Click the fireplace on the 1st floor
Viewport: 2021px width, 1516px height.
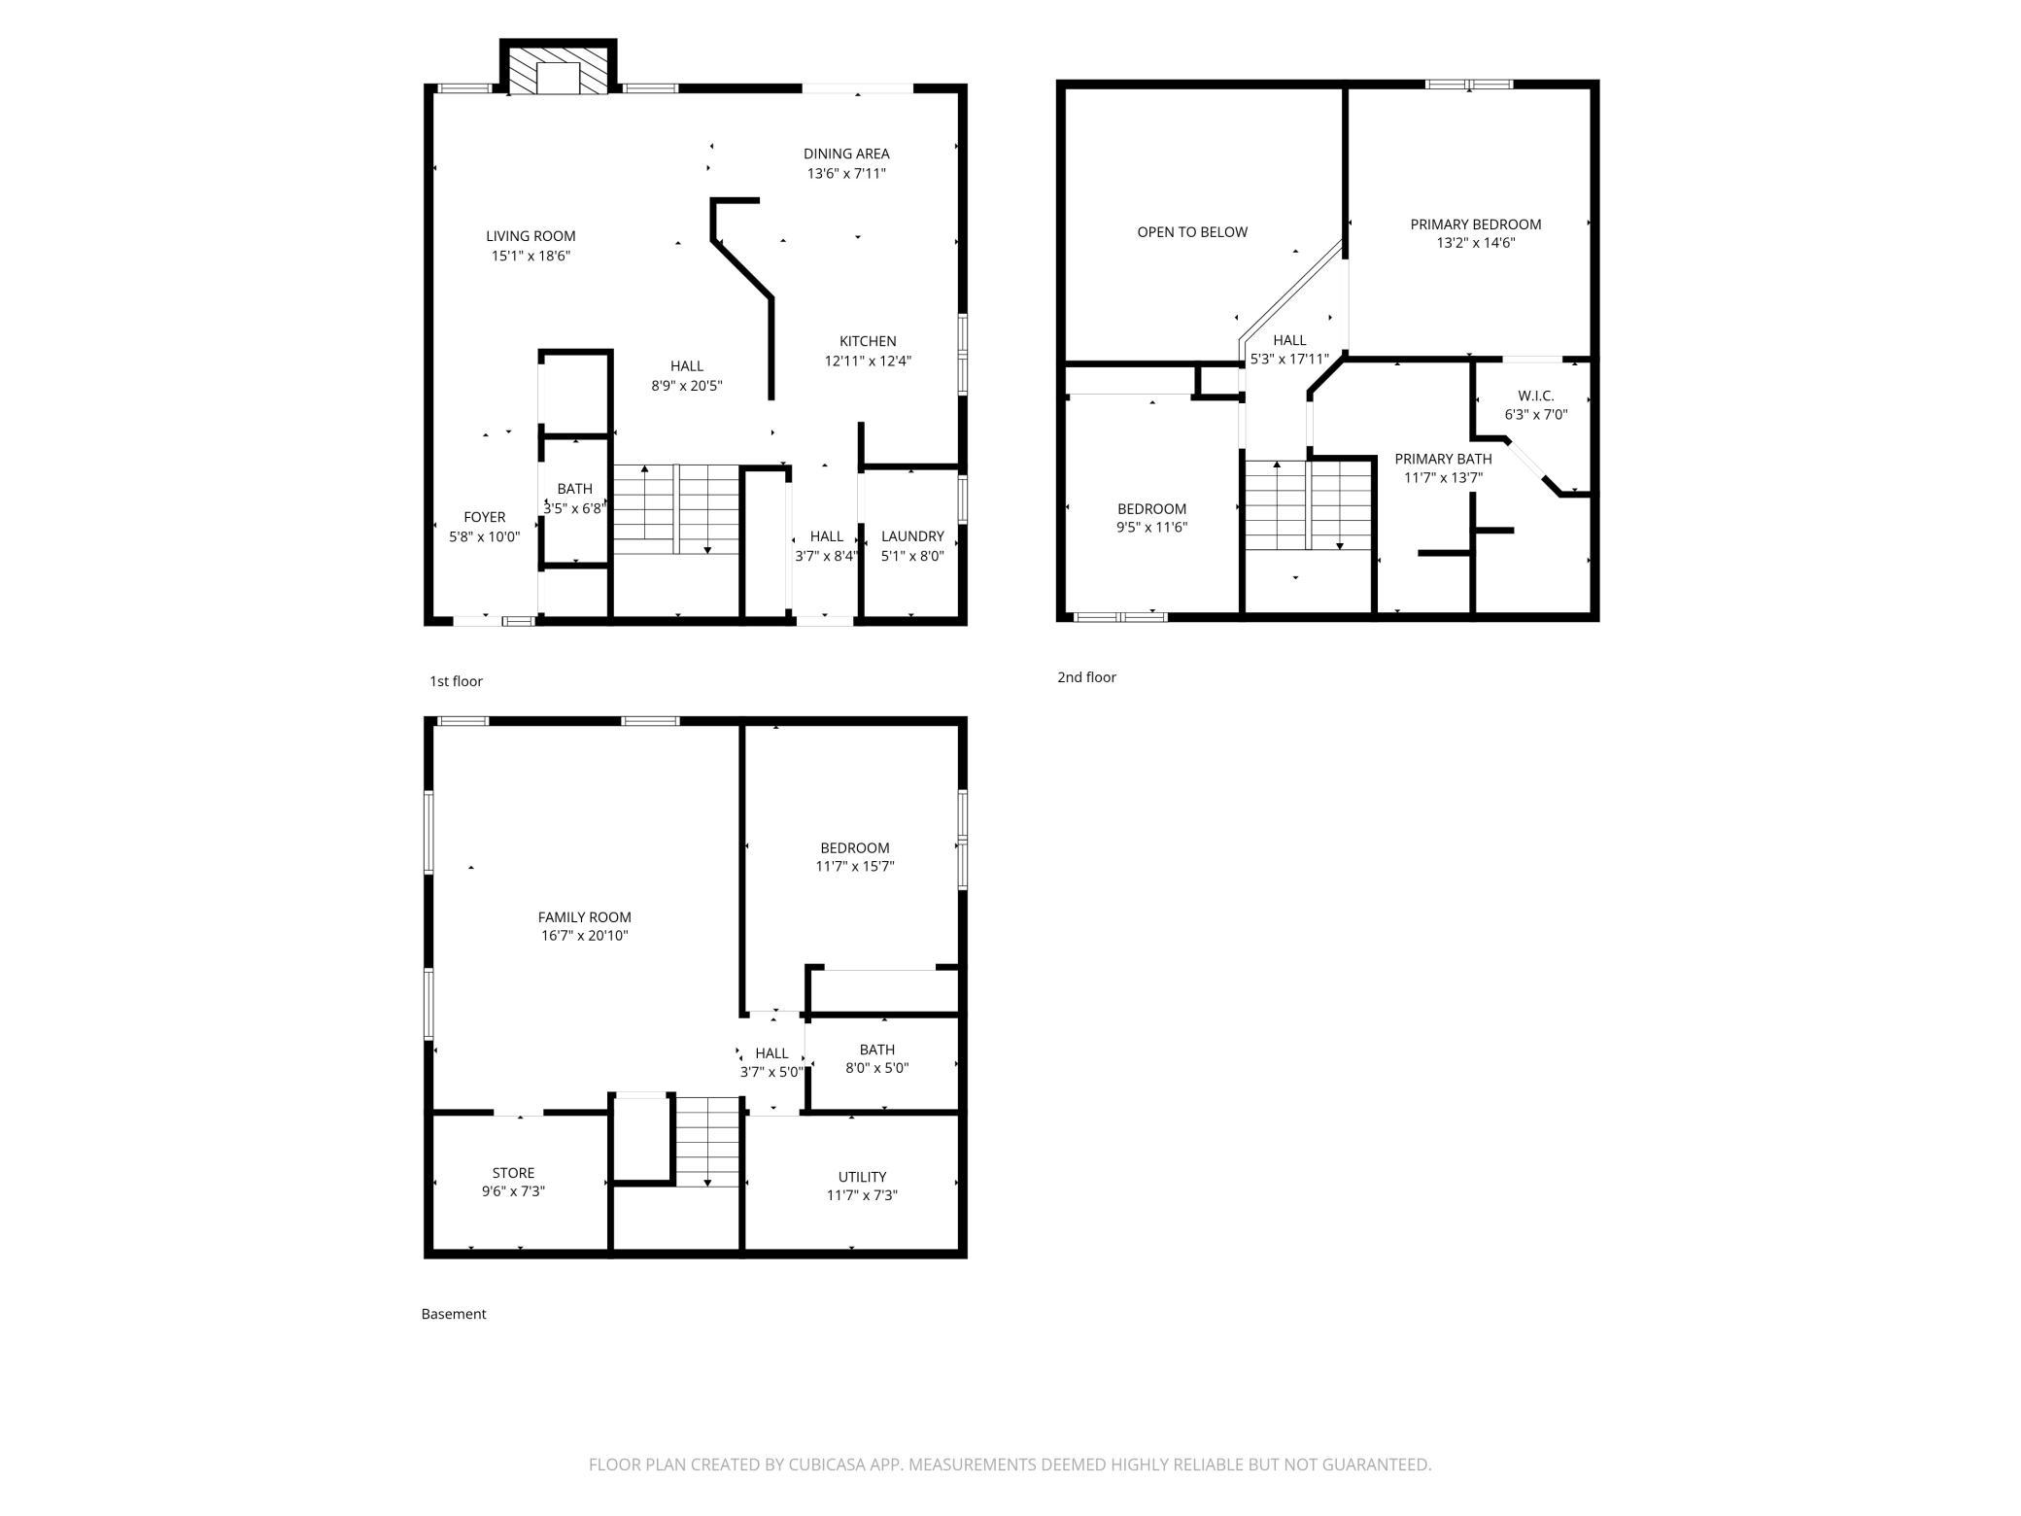[x=558, y=68]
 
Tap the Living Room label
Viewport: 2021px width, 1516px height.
[x=531, y=236]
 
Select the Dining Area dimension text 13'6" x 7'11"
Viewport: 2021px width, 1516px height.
[x=846, y=174]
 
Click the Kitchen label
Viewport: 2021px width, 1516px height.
[x=868, y=341]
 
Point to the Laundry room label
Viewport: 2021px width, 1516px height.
[x=912, y=536]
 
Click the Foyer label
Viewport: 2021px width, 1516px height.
[x=484, y=517]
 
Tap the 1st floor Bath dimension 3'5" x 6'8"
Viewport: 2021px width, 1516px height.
[x=574, y=508]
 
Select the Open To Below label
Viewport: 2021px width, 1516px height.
[x=1192, y=232]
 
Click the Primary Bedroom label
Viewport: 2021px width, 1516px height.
[x=1476, y=224]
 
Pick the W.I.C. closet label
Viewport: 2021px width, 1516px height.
[x=1536, y=396]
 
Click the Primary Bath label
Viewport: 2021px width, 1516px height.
[x=1443, y=459]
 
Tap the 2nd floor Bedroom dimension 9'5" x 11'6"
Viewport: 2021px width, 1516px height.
[x=1152, y=528]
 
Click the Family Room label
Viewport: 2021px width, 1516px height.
[x=585, y=917]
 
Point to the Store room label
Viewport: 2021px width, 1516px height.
[x=513, y=1173]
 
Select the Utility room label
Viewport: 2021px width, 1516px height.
[x=862, y=1177]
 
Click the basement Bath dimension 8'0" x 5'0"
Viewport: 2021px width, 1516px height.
[x=877, y=1068]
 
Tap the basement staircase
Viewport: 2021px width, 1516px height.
[x=708, y=1141]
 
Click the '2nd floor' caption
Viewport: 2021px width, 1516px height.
[x=1086, y=677]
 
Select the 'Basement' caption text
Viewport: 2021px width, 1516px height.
[x=454, y=1314]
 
